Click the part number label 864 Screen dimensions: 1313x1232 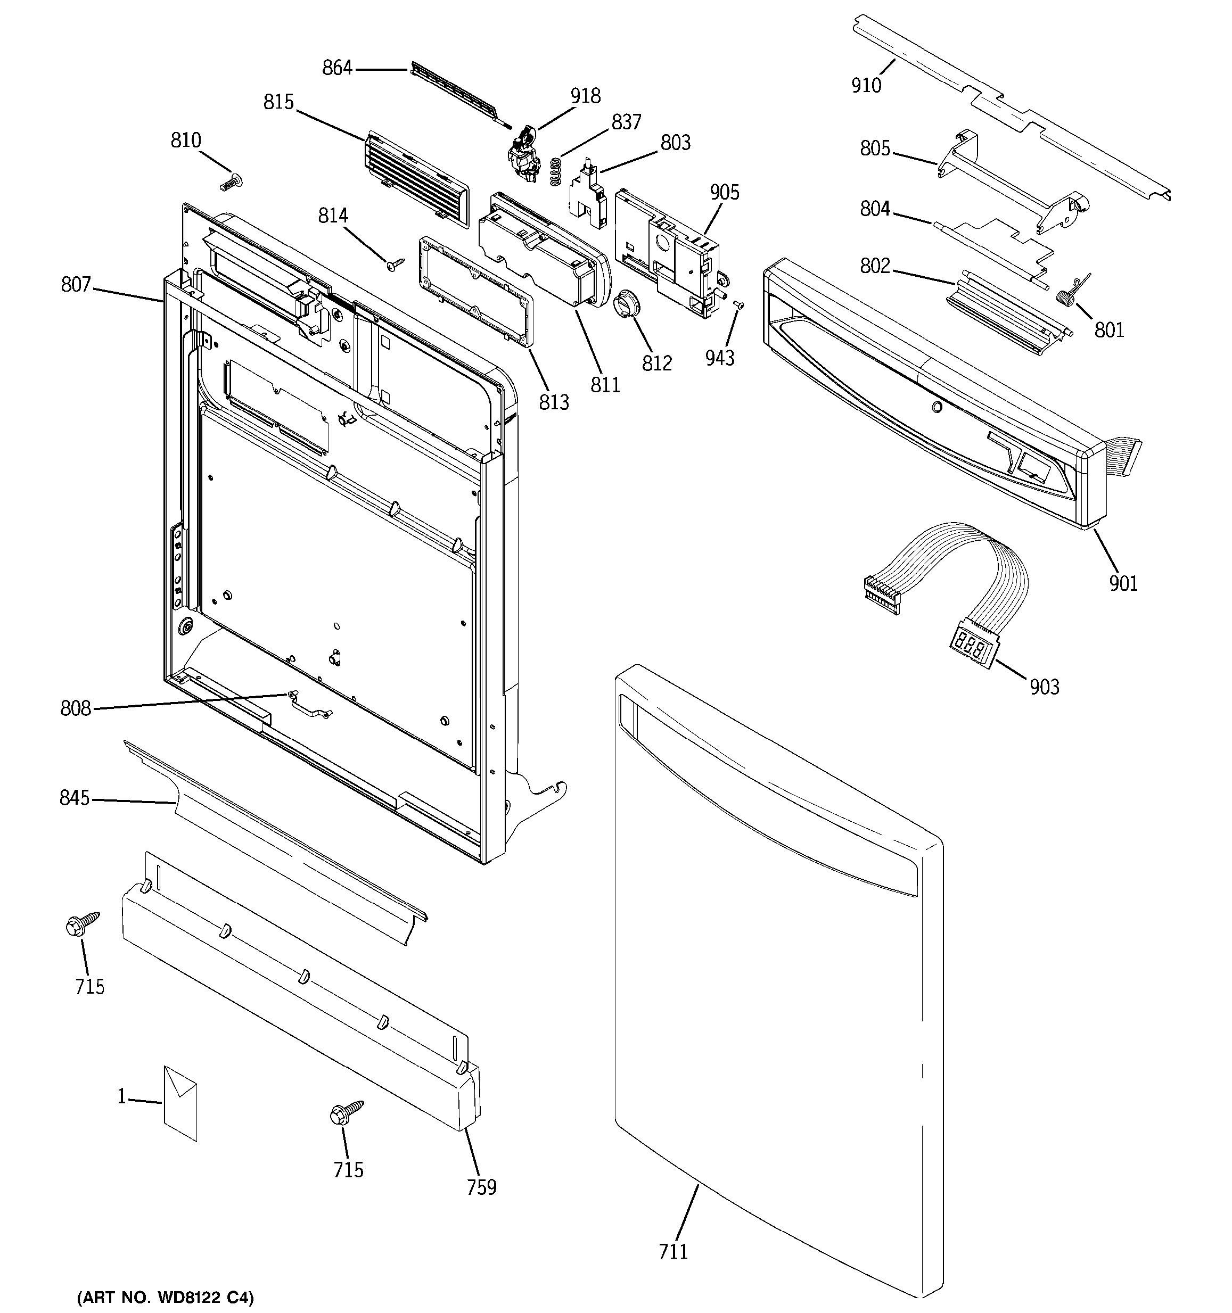(x=337, y=68)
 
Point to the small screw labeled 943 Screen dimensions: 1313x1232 (x=739, y=305)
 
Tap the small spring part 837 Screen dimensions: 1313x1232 (x=557, y=171)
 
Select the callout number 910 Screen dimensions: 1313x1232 (x=866, y=85)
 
